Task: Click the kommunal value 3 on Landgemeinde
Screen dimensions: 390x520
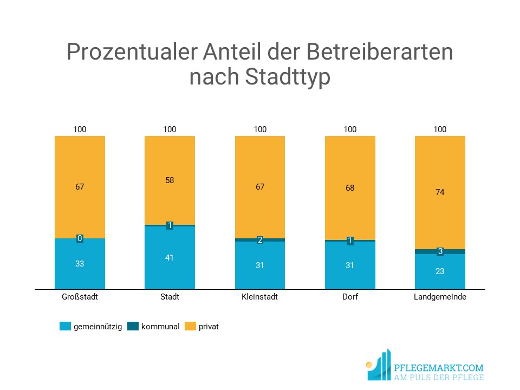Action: (x=440, y=251)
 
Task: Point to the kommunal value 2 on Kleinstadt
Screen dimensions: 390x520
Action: (x=260, y=240)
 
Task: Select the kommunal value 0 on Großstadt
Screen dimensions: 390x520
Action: (x=80, y=238)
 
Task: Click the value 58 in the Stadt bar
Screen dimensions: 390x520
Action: (x=170, y=180)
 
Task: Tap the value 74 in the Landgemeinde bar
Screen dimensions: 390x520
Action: (x=440, y=192)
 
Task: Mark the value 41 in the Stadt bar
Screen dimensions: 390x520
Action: (x=170, y=258)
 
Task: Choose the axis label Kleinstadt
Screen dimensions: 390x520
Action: (x=260, y=297)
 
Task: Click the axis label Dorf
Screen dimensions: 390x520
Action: (x=350, y=297)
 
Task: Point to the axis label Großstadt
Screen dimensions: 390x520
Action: (x=80, y=297)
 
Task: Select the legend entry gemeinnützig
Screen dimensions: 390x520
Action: (x=97, y=327)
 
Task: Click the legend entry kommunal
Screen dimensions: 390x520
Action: (x=160, y=327)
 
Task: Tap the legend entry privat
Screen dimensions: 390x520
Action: (x=209, y=327)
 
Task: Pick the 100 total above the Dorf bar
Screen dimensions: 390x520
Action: (x=350, y=129)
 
